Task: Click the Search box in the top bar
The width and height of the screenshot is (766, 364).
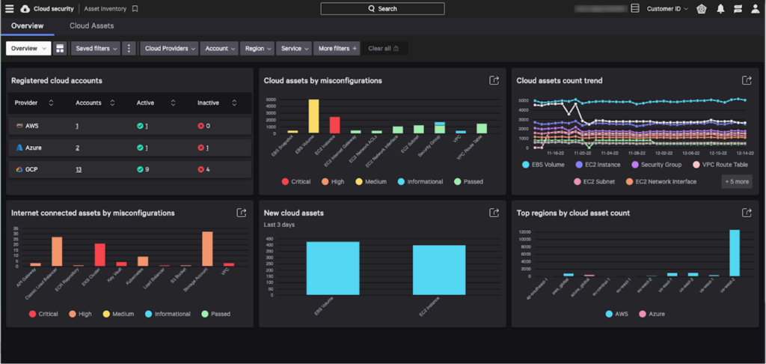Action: click(382, 9)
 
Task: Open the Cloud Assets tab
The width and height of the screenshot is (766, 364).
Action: click(91, 25)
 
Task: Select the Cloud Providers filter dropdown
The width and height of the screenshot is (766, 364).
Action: click(171, 49)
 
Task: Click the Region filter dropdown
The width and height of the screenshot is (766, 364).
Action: click(258, 49)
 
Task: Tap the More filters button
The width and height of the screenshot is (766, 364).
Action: click(337, 49)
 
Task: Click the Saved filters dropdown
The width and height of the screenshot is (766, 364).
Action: click(96, 49)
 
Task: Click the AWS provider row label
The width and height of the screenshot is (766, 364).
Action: click(32, 126)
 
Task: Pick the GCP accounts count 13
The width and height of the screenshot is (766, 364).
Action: click(79, 170)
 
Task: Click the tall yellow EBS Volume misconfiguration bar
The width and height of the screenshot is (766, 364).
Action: click(313, 116)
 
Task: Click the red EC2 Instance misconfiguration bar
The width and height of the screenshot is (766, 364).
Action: click(334, 124)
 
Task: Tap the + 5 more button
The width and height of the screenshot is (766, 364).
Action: click(737, 181)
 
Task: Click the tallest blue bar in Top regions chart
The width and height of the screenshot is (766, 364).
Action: click(734, 253)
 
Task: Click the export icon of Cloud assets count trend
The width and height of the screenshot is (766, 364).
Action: click(746, 81)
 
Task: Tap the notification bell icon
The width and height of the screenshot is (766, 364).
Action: click(720, 9)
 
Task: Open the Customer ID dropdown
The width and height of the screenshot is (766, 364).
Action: click(667, 9)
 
